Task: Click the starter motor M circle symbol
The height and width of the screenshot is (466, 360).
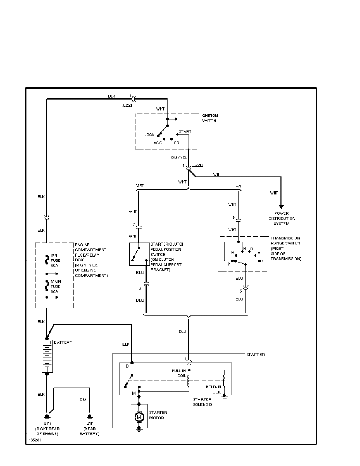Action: pyautogui.click(x=139, y=417)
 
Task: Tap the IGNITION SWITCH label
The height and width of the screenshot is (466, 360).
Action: pyautogui.click(x=209, y=118)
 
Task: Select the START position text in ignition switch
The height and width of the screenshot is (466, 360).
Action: pyautogui.click(x=185, y=131)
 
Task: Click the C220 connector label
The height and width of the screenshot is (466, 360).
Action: pyautogui.click(x=198, y=165)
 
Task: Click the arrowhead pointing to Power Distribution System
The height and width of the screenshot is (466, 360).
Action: pyautogui.click(x=281, y=207)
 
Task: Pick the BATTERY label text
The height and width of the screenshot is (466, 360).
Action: pyautogui.click(x=63, y=342)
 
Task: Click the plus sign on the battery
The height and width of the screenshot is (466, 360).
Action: pyautogui.click(x=50, y=342)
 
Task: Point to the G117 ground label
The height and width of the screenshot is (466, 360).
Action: pyautogui.click(x=47, y=423)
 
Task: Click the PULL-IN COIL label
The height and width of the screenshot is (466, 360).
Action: pyautogui.click(x=179, y=372)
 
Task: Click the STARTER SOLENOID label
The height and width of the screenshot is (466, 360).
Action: pyautogui.click(x=202, y=402)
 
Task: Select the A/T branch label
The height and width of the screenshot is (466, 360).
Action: pyautogui.click(x=238, y=186)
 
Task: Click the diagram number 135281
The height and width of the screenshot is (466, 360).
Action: pyautogui.click(x=34, y=441)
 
